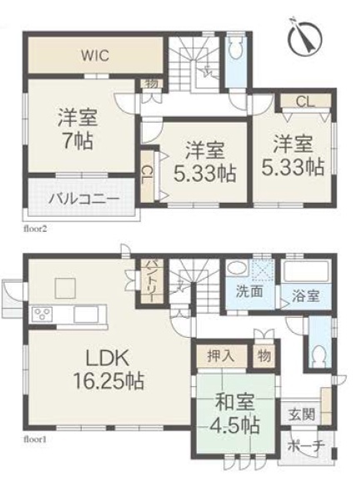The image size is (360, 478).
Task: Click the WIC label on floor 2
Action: (95, 56)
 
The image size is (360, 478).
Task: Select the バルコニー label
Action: (84, 199)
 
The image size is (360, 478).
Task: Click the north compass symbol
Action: (304, 38)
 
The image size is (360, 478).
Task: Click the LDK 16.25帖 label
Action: (108, 369)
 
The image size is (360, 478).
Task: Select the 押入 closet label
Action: (221, 355)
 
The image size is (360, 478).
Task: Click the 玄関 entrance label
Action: (302, 415)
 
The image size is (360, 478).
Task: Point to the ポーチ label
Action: (305, 447)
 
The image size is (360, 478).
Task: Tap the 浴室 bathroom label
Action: (306, 296)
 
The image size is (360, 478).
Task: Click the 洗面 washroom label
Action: (250, 292)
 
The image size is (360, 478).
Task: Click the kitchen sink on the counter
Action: (86, 314)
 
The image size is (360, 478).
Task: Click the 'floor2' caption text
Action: (35, 229)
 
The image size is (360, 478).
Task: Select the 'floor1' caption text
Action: (35, 440)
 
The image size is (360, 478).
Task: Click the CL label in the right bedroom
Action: (305, 102)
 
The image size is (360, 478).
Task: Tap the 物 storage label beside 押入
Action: (264, 355)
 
